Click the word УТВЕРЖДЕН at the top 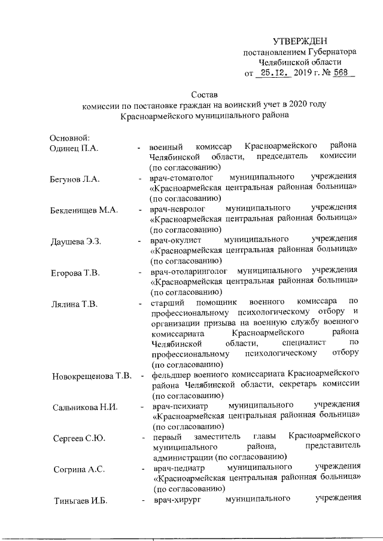[x=300, y=41]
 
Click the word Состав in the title [x=204, y=94]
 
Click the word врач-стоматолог [x=181, y=178]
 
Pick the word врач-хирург [x=175, y=499]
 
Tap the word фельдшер [x=171, y=375]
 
